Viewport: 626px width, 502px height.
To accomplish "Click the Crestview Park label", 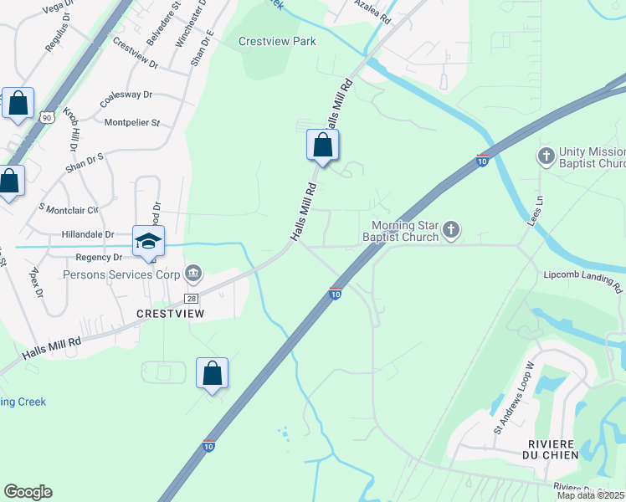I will point(277,41).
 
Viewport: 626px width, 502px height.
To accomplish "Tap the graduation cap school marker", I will point(149,242).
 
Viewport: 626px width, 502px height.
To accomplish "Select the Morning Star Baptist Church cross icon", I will point(451,229).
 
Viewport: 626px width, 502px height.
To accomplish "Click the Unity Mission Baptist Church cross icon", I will point(546,156).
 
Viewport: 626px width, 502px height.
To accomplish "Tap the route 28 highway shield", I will point(192,298).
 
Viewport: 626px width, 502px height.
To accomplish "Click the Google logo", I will point(28,492).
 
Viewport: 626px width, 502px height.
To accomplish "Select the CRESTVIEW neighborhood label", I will point(170,313).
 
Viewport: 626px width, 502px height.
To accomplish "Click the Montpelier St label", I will point(131,123).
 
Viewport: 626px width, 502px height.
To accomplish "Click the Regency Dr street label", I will point(100,258).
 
